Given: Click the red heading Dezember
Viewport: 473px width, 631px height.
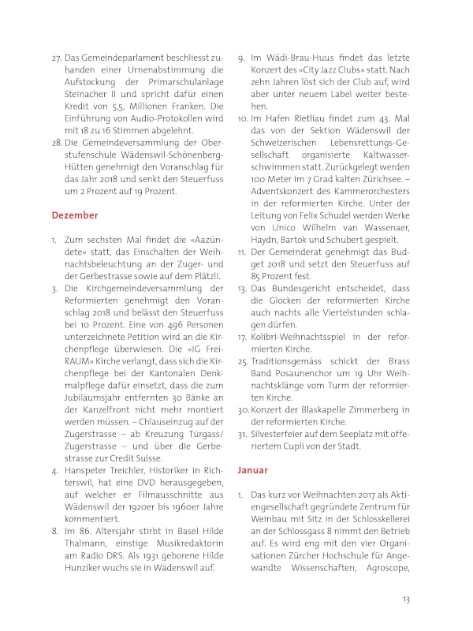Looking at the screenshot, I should click(x=75, y=215).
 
